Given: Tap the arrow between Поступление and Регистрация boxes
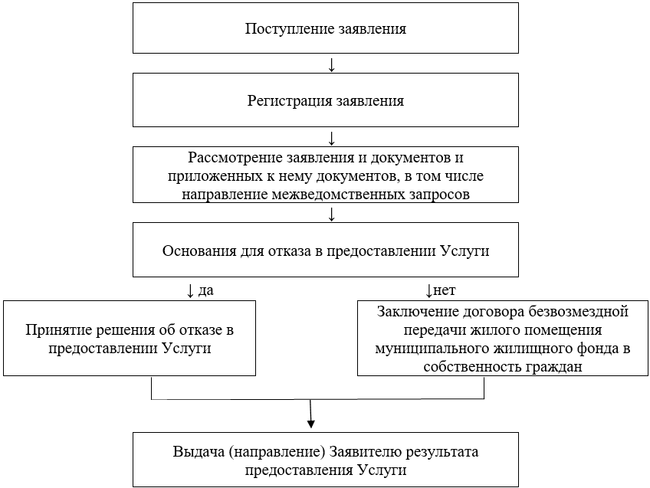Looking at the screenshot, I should [331, 64].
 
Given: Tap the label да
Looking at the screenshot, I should [205, 290].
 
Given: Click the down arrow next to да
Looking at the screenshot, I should [190, 290].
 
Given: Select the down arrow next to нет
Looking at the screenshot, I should [429, 290].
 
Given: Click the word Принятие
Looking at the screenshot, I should [54, 330].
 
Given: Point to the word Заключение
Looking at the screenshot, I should [418, 312].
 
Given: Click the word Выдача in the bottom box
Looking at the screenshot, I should [196, 451].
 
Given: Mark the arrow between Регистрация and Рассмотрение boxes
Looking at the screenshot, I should [331, 138].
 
